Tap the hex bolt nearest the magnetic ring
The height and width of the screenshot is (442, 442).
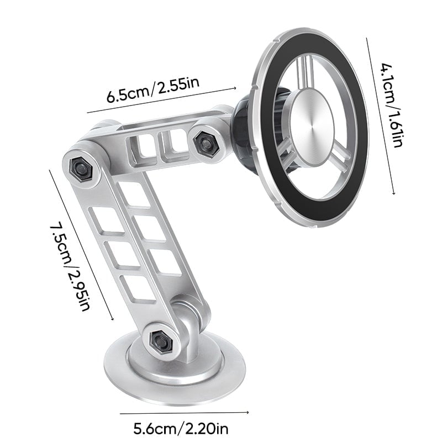tap(205, 140)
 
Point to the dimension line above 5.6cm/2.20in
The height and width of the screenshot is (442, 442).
tap(184, 412)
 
